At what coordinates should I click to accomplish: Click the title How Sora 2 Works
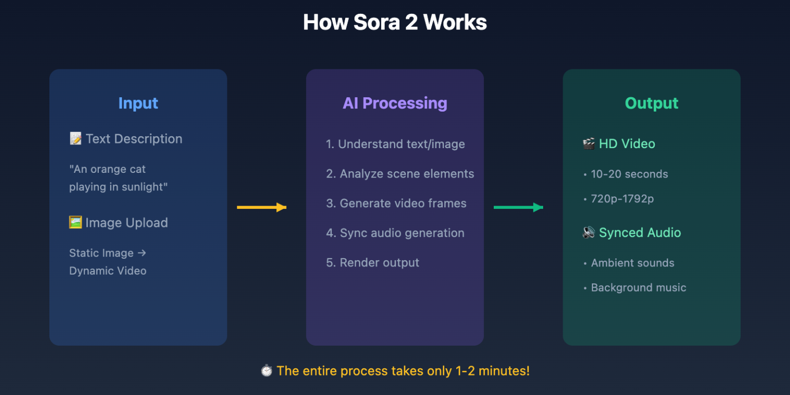(x=394, y=23)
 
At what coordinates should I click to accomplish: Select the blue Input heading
(x=138, y=103)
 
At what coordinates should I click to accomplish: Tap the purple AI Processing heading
(x=394, y=103)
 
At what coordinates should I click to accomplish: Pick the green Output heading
(x=651, y=103)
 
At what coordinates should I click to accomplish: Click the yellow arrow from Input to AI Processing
(x=261, y=207)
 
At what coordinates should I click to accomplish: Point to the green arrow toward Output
(x=518, y=207)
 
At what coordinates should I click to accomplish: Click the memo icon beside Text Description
(x=76, y=139)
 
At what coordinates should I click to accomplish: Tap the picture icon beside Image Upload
(x=76, y=223)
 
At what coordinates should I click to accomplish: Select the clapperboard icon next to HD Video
(x=589, y=144)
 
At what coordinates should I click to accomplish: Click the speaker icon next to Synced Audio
(x=589, y=232)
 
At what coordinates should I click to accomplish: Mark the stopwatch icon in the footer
(x=266, y=371)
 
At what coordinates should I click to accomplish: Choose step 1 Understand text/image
(x=395, y=145)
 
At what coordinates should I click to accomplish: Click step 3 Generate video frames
(x=396, y=204)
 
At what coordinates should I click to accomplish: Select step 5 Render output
(x=372, y=263)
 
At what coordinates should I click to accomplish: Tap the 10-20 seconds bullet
(x=629, y=174)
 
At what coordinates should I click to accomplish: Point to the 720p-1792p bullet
(x=622, y=199)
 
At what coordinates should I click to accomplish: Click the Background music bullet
(x=638, y=288)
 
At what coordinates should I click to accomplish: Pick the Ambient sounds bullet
(x=632, y=263)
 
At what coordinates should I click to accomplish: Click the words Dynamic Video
(x=108, y=271)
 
